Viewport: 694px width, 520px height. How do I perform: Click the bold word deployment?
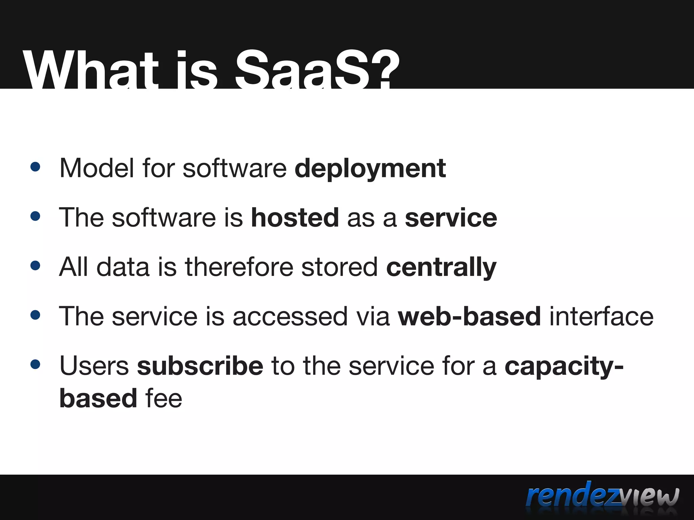tap(370, 168)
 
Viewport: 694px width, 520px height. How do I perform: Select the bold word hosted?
tap(294, 217)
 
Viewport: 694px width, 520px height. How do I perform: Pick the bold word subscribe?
tap(200, 366)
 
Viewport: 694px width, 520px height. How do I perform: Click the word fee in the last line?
tap(164, 398)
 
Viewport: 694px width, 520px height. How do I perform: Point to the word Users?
tap(94, 366)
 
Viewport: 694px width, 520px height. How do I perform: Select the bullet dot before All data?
tap(35, 265)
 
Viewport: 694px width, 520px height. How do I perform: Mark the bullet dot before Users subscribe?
tap(35, 365)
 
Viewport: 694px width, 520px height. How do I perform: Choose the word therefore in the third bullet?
tap(239, 267)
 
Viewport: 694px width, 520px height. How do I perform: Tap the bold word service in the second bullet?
tap(451, 218)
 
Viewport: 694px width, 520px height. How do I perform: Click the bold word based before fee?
tap(98, 398)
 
